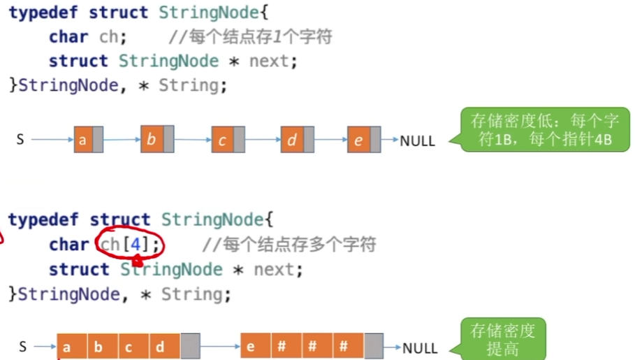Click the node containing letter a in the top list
pyautogui.click(x=84, y=140)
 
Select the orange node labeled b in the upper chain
pyautogui.click(x=151, y=139)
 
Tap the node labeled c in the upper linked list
pyautogui.click(x=223, y=141)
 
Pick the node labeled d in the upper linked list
pyautogui.click(x=292, y=140)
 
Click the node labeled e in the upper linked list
pyautogui.click(x=358, y=140)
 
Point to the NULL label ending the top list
pyautogui.click(x=417, y=141)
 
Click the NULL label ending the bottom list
pyautogui.click(x=420, y=347)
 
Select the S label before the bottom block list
pyautogui.click(x=23, y=347)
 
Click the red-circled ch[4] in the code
pyautogui.click(x=130, y=245)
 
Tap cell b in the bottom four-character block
pyautogui.click(x=98, y=347)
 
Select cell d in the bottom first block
pyautogui.click(x=160, y=347)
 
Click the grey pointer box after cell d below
pyautogui.click(x=190, y=347)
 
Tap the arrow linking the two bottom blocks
pyautogui.click(x=219, y=347)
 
